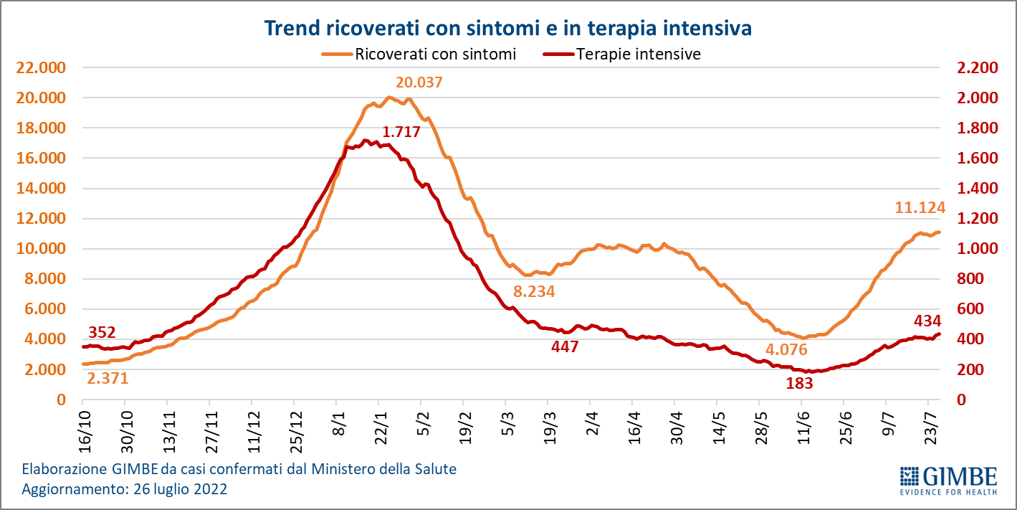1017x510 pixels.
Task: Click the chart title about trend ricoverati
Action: point(507,29)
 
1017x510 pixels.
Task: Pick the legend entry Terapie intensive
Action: point(638,54)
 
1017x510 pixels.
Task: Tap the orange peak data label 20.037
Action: point(419,82)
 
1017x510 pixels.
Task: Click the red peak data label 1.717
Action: point(401,132)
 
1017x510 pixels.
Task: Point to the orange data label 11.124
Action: point(920,208)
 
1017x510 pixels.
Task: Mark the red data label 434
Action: point(927,321)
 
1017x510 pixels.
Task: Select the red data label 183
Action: point(799,383)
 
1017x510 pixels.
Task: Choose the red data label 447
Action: point(564,347)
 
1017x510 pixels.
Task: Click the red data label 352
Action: point(102,332)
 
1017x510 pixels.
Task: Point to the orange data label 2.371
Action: point(108,378)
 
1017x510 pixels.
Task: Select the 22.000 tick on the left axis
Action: point(40,67)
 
